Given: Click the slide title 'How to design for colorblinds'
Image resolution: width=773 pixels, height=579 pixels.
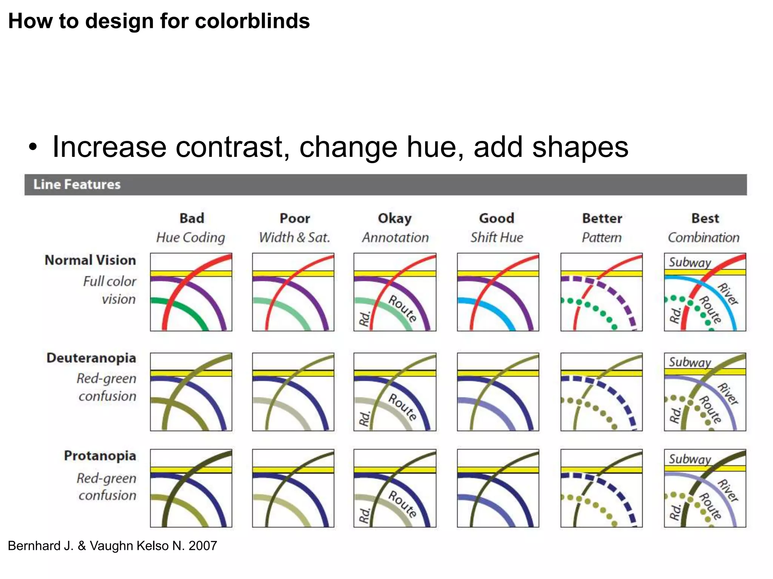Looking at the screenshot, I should point(159,21).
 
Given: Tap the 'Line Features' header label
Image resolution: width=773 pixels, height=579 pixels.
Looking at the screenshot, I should point(77,184).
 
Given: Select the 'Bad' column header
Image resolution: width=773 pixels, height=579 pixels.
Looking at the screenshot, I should point(192,218).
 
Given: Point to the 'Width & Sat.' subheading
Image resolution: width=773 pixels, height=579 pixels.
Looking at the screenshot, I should point(294,237).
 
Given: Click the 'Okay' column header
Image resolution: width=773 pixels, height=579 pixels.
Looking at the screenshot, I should point(395,218).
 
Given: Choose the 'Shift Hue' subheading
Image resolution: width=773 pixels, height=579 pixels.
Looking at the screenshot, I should point(497,237).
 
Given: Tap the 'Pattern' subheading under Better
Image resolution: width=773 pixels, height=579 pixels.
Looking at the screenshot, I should point(601,237).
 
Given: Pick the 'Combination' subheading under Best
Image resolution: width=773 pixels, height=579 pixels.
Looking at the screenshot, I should point(704,237).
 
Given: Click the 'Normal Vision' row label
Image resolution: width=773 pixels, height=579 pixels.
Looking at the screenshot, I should point(90,260).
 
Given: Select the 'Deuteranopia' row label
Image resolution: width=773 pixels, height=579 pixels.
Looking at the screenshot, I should point(91,358).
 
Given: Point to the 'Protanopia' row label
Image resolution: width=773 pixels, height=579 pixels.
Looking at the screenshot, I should point(100,456).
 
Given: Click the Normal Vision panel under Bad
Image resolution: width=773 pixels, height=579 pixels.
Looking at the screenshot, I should point(191,292).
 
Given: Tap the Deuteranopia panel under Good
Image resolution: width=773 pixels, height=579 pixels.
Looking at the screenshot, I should point(498,392).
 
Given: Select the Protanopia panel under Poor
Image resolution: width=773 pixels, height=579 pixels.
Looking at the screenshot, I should point(293,488).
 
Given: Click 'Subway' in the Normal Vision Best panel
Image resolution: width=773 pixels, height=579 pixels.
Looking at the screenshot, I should point(690,262).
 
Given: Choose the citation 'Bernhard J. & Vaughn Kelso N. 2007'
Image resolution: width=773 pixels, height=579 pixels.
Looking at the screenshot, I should point(112,545).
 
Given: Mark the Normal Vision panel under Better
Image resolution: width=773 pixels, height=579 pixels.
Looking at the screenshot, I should point(601,292).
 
